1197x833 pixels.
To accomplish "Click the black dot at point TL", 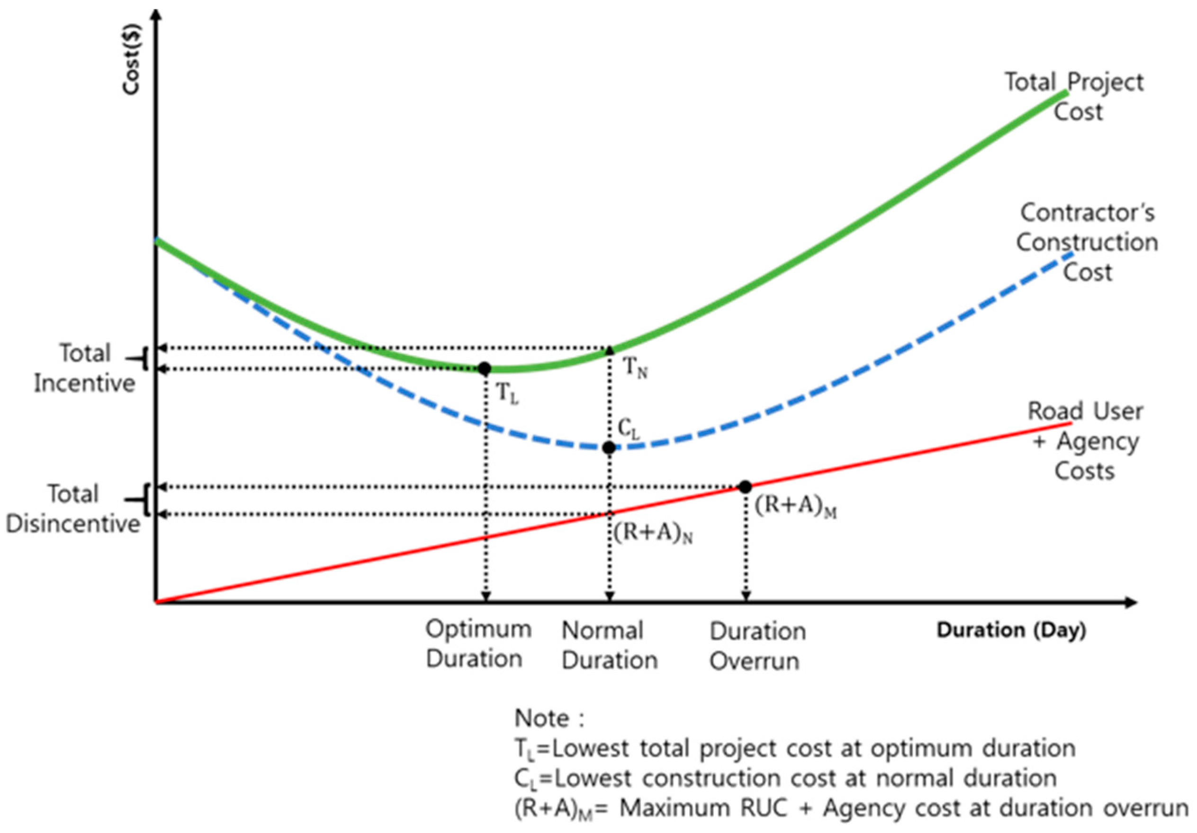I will coord(484,369).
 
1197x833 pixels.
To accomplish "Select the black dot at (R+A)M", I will coord(745,487).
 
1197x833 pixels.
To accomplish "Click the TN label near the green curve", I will coord(636,369).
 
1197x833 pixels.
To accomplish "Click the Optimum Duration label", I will coord(478,645).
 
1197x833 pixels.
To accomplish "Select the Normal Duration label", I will coord(609,645).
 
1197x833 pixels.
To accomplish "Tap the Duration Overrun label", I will coord(757,646).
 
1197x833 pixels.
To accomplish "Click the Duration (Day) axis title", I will coord(1011,630).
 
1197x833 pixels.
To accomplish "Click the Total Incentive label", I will coord(84,368).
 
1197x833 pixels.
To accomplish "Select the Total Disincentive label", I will coord(73,509).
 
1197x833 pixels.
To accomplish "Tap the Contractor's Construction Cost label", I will coord(1087,242).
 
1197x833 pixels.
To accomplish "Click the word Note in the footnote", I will coord(543,718).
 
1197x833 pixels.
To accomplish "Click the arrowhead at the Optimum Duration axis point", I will coord(486,596).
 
